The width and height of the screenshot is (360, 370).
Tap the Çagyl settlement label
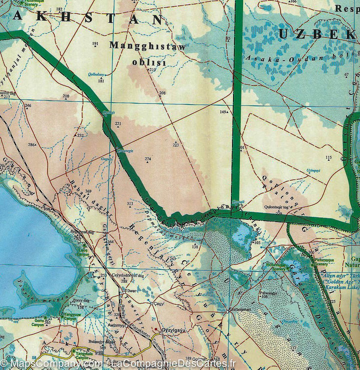[x=158, y=303]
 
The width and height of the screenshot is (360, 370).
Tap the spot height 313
[x=130, y=204]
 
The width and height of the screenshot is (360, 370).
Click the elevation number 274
[x=147, y=159]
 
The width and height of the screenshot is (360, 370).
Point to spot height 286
[x=31, y=145]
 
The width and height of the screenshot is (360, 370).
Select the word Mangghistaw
[x=147, y=47]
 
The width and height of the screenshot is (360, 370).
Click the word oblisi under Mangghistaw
[x=148, y=63]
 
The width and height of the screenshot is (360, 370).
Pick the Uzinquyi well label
[x=313, y=171]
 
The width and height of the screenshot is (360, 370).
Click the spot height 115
[x=328, y=158]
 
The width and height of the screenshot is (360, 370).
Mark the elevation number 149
[x=223, y=112]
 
